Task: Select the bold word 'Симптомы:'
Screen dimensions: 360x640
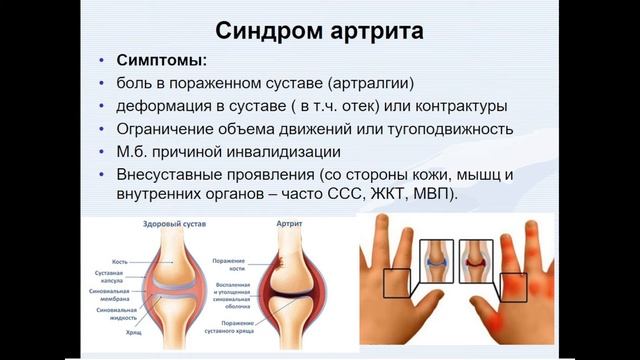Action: click(x=161, y=59)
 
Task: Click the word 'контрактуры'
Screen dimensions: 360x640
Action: click(x=439, y=106)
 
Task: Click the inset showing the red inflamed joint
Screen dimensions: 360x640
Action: click(x=477, y=262)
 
